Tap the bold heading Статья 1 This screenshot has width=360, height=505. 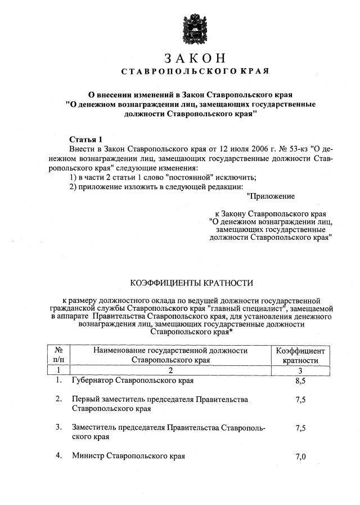tap(86, 138)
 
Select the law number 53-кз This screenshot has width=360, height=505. tap(293, 149)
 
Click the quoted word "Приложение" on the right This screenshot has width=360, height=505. tap(271, 196)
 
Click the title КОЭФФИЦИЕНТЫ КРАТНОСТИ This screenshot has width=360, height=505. tap(192, 283)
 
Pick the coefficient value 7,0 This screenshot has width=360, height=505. tap(300, 457)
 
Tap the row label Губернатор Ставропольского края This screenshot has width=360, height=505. tap(133, 381)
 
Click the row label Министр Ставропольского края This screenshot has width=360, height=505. tap(128, 455)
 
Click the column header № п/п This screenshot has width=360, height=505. tap(58, 355)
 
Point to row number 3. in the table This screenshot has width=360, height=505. tap(58, 427)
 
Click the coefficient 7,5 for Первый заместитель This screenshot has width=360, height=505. tap(300, 400)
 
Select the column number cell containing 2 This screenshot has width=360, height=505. tap(170, 370)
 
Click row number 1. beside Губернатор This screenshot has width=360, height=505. tap(58, 381)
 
